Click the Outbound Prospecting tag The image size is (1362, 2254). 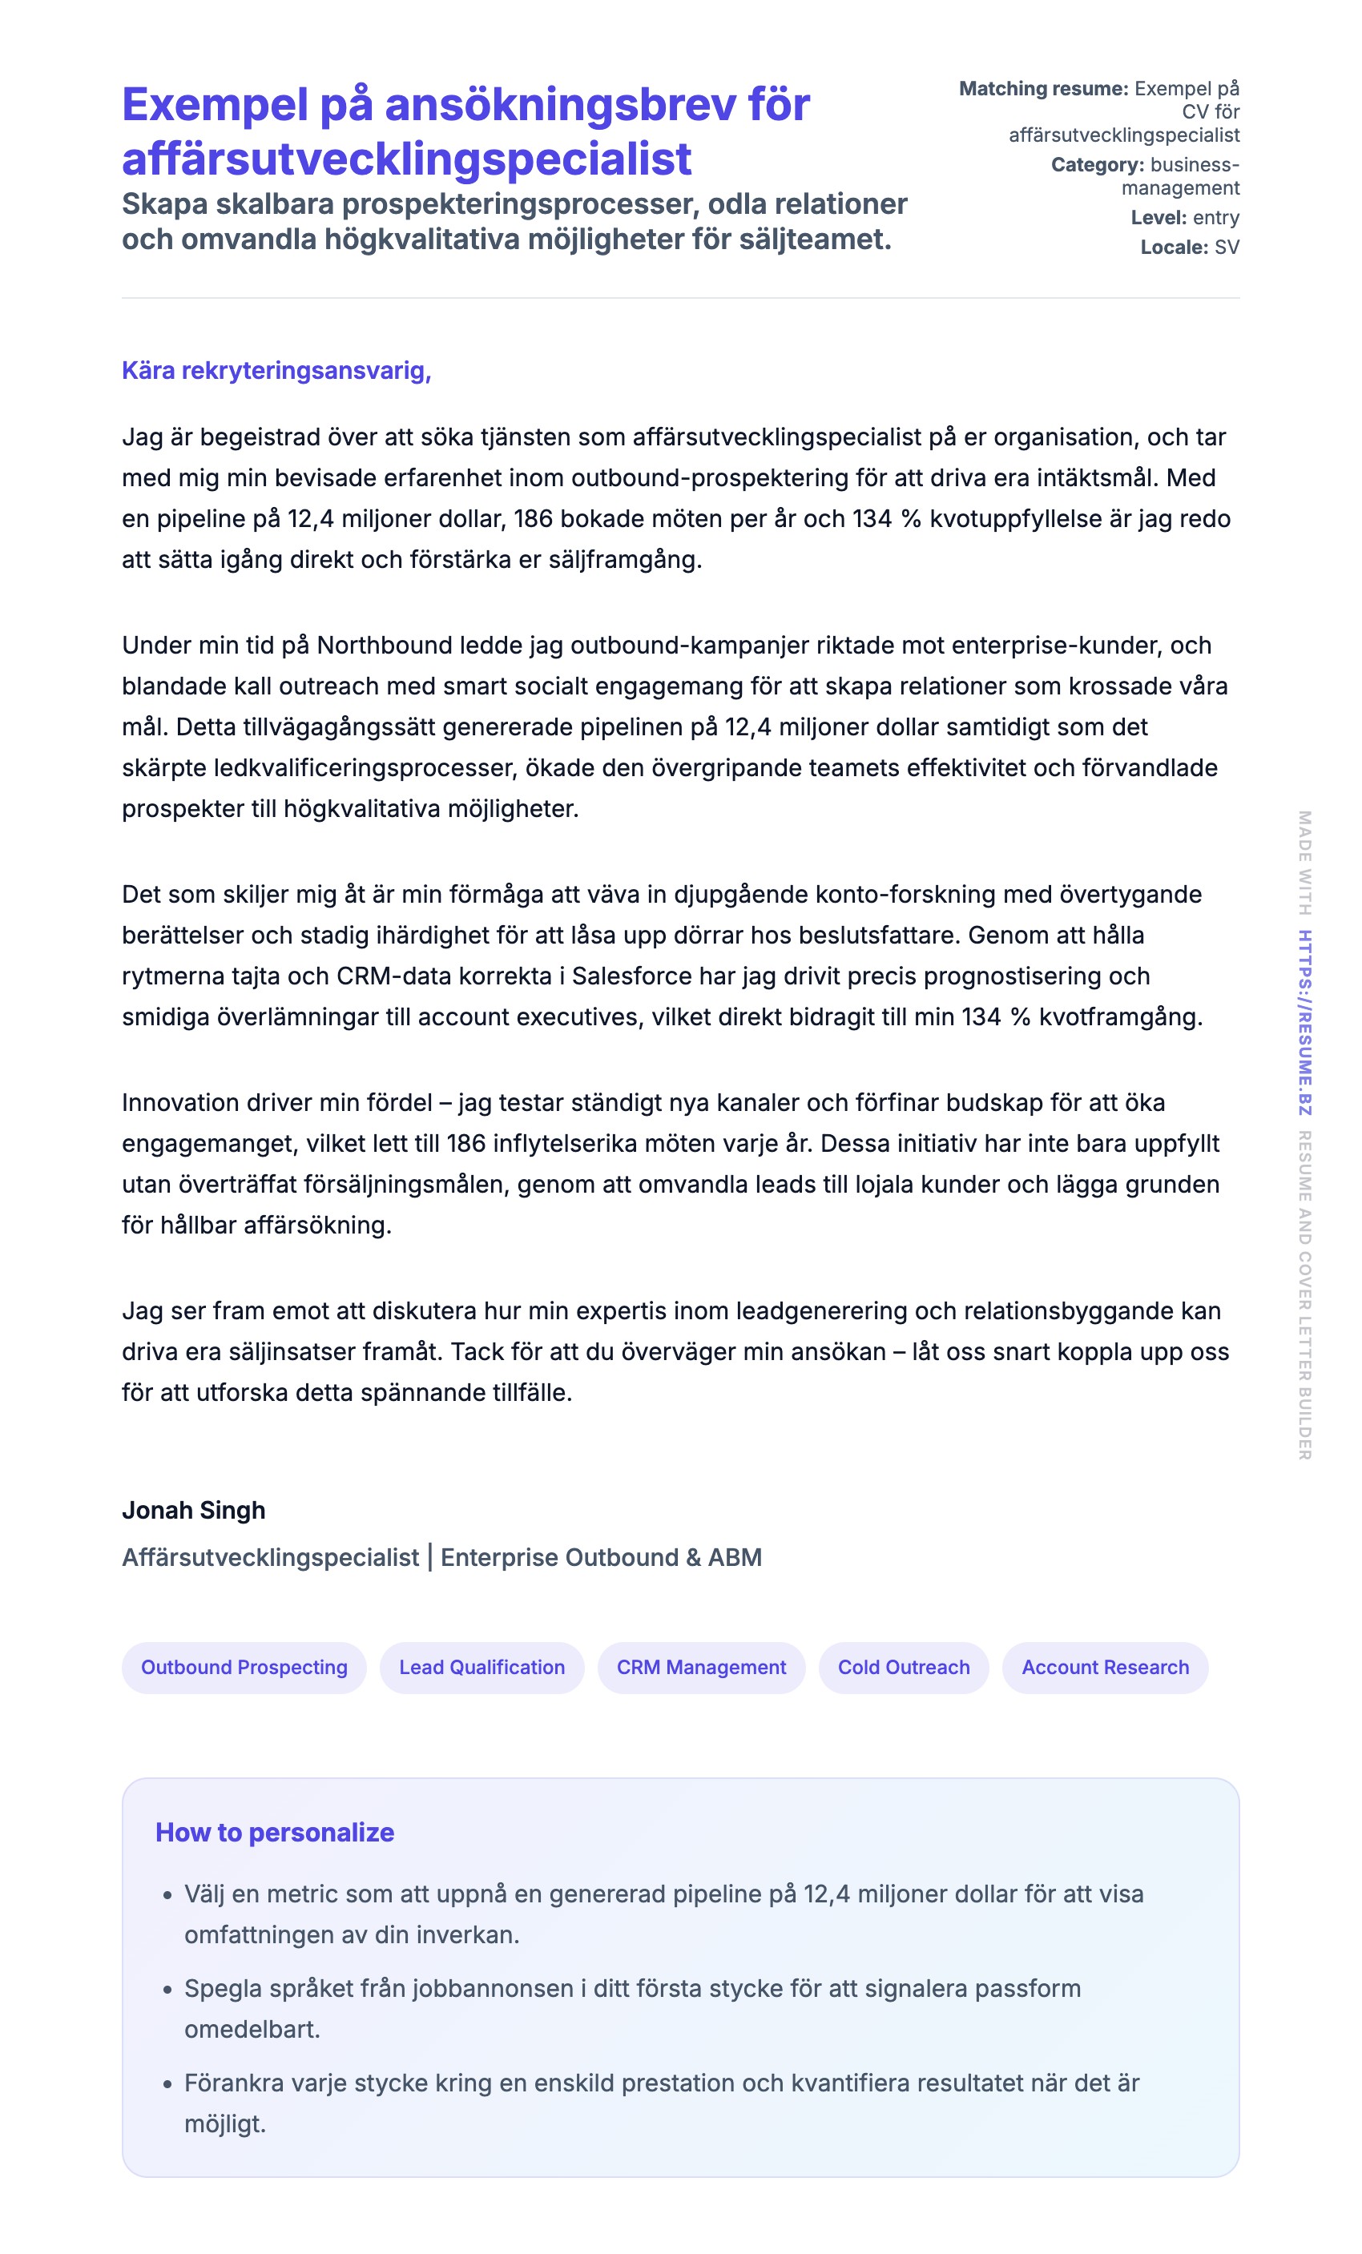pyautogui.click(x=244, y=1667)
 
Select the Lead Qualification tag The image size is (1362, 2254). pyautogui.click(x=482, y=1667)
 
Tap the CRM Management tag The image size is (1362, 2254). pyautogui.click(x=701, y=1667)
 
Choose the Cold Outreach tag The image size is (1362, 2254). pyautogui.click(x=903, y=1667)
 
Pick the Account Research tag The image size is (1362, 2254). pyautogui.click(x=1104, y=1667)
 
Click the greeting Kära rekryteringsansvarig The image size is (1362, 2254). pyautogui.click(x=276, y=371)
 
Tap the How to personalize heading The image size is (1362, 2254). pyautogui.click(x=275, y=1833)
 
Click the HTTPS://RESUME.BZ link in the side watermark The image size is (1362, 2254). pyautogui.click(x=1304, y=1022)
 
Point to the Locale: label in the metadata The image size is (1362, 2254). pyautogui.click(x=1174, y=247)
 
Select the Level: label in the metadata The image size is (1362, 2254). pyautogui.click(x=1158, y=218)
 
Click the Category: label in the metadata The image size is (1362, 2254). pyautogui.click(x=1097, y=165)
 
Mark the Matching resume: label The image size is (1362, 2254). pyautogui.click(x=1043, y=89)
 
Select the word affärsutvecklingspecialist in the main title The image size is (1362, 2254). pyautogui.click(x=406, y=159)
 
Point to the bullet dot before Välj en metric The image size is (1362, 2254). pyautogui.click(x=167, y=1895)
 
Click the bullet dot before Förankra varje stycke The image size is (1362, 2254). pyautogui.click(x=167, y=2084)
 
